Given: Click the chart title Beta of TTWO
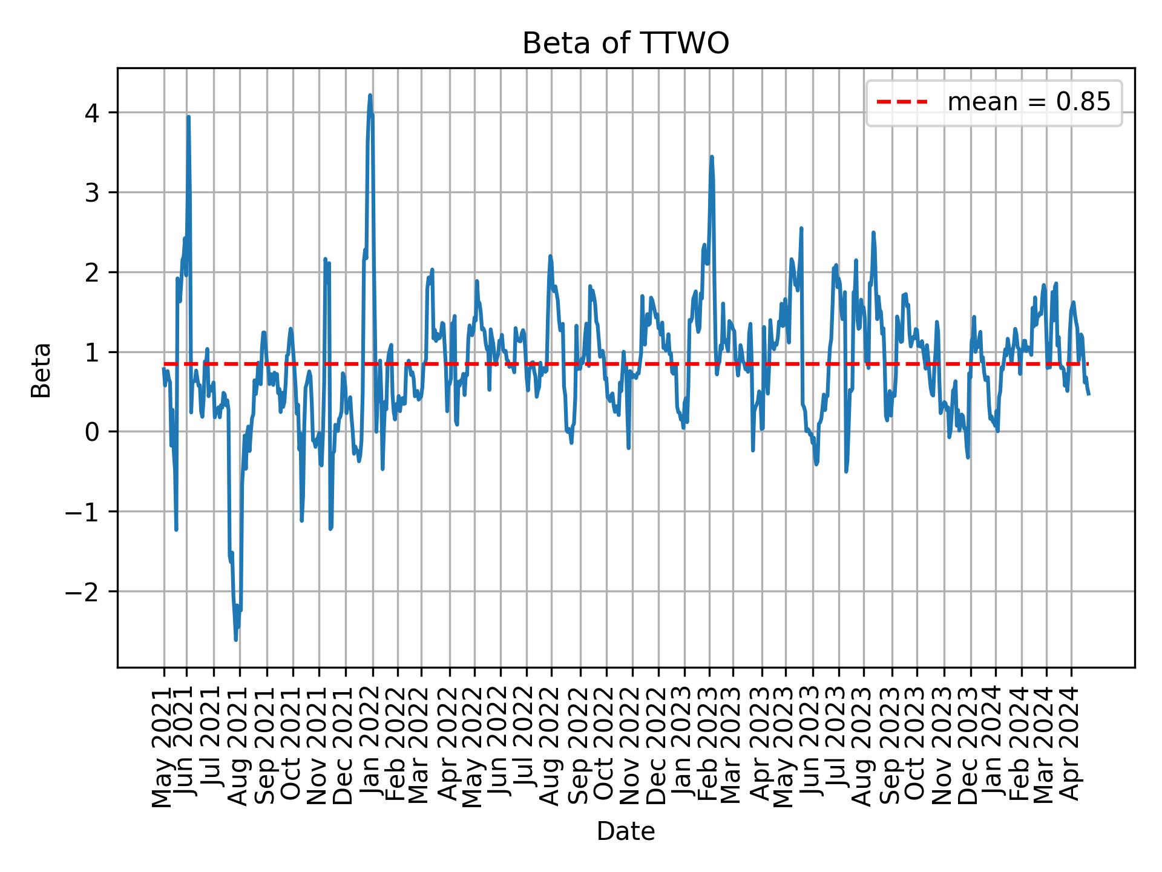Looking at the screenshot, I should pos(625,44).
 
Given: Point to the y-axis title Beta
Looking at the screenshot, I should pos(41,370).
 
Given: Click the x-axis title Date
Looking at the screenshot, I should pos(625,831).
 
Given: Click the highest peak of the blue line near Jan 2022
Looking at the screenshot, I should pos(370,95).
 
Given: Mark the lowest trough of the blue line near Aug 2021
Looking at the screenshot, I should pos(235,640).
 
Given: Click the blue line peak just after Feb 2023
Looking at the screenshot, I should pos(712,157).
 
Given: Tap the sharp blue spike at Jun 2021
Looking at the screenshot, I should pos(188,116).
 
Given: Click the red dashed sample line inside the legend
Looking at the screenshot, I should pos(902,102).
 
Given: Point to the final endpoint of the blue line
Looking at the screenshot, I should pos(1088,394).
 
